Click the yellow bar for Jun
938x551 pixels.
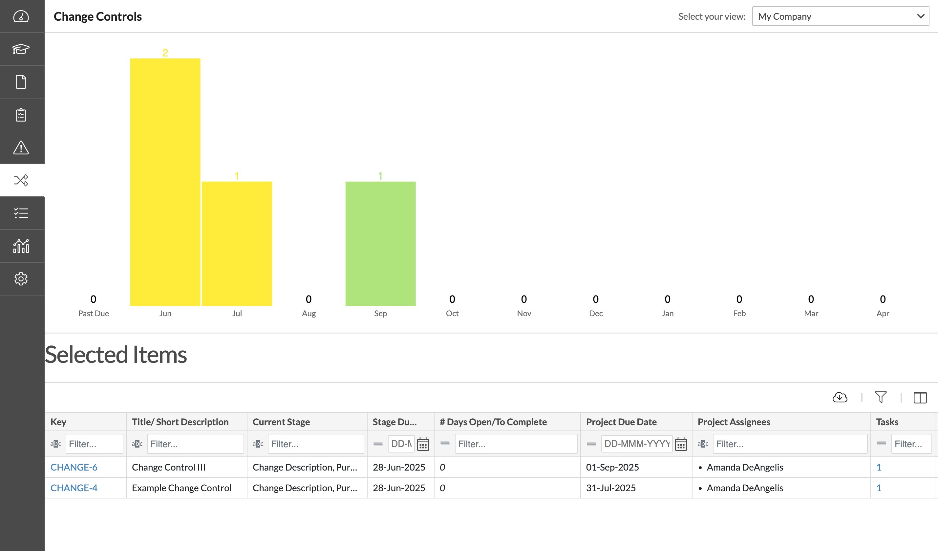click(x=165, y=183)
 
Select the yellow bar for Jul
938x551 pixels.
click(x=237, y=244)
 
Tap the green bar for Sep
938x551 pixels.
click(x=380, y=244)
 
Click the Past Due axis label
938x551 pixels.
click(x=94, y=314)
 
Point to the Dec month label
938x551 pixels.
click(x=596, y=314)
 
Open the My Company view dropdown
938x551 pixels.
click(x=840, y=16)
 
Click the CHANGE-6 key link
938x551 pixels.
click(x=74, y=467)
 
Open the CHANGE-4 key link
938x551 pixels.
click(x=74, y=488)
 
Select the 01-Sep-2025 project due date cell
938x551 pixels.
click(x=612, y=467)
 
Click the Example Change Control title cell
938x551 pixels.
click(x=181, y=488)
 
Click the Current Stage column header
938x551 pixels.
click(x=281, y=422)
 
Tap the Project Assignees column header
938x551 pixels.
click(x=734, y=422)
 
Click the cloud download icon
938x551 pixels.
click(x=840, y=397)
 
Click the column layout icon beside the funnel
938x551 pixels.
click(x=920, y=398)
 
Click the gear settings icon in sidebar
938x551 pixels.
click(x=21, y=279)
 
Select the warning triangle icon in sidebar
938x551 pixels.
click(x=21, y=148)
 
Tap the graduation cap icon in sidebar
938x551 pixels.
click(x=21, y=49)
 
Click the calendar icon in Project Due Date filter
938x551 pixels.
click(x=681, y=444)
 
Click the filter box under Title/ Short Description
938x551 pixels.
click(x=195, y=444)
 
